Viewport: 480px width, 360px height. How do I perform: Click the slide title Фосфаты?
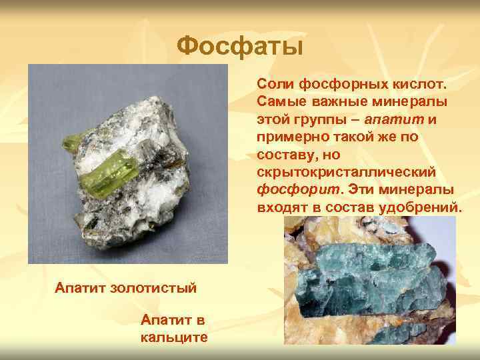240,47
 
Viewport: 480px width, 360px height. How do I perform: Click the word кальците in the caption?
174,337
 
